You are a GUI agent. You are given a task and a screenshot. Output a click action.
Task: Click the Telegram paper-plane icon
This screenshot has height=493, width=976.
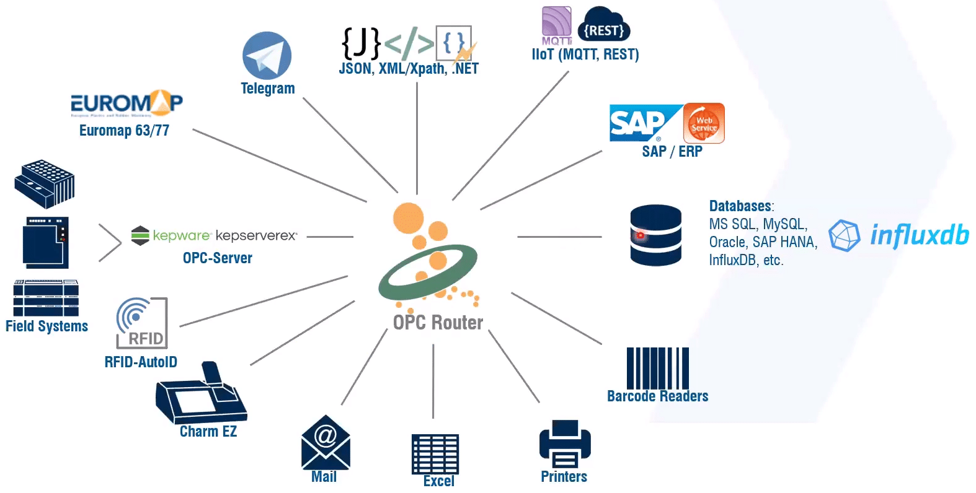coord(267,56)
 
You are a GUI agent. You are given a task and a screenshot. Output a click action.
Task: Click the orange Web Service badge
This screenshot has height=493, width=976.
coord(704,123)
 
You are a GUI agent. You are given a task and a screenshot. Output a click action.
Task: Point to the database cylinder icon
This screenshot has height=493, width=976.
coord(655,235)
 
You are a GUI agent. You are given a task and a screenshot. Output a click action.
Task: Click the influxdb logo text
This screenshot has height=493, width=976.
coord(919,235)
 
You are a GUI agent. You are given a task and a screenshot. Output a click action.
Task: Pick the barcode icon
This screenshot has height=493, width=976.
coord(657,368)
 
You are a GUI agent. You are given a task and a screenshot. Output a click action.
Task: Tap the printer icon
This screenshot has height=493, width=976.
coord(564,444)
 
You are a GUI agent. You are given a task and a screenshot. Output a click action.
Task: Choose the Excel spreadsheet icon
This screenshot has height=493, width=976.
coord(435,454)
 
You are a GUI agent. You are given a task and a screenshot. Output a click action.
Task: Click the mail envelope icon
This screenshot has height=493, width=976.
coord(326,442)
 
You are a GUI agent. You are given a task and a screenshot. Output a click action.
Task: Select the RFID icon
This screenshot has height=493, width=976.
coord(142,323)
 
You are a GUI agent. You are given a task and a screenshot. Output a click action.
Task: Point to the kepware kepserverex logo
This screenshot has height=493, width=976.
coord(215,235)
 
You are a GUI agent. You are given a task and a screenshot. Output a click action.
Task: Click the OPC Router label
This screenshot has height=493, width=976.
coord(438,323)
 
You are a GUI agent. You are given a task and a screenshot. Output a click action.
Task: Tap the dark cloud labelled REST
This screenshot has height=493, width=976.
coord(603,27)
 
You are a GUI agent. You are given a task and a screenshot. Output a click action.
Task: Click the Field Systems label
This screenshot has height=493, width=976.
coord(47,326)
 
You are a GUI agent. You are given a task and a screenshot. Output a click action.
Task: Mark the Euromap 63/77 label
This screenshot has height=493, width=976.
coord(124,131)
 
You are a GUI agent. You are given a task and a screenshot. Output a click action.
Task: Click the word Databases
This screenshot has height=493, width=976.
coord(740,206)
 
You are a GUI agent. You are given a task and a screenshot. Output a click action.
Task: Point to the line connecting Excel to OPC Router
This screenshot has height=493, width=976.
coord(433,381)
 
